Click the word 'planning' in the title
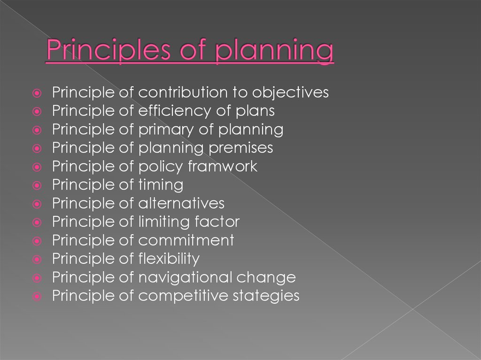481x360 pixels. coord(274,53)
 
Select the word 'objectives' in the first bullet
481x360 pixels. coord(290,92)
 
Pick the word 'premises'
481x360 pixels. coord(240,148)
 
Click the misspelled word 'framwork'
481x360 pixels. coord(222,166)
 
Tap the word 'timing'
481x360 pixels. coord(161,185)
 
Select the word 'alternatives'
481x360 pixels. coord(181,203)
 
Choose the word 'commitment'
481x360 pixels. coord(186,240)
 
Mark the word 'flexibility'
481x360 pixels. coord(169,259)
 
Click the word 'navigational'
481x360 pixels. coord(185,277)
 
